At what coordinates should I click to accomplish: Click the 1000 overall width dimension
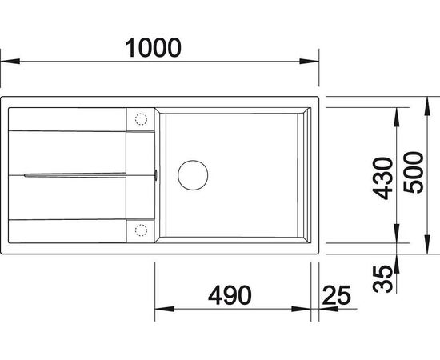pos(152,48)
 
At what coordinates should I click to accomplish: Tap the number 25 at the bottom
pos(338,294)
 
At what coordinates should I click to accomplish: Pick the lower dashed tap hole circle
pos(140,231)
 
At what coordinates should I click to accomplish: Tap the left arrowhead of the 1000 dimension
pos(7,62)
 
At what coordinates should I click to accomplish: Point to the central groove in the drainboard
pos(76,173)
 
